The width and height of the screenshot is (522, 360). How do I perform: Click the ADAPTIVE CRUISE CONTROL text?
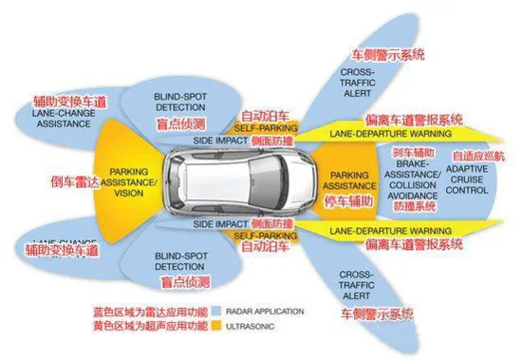point(468,179)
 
